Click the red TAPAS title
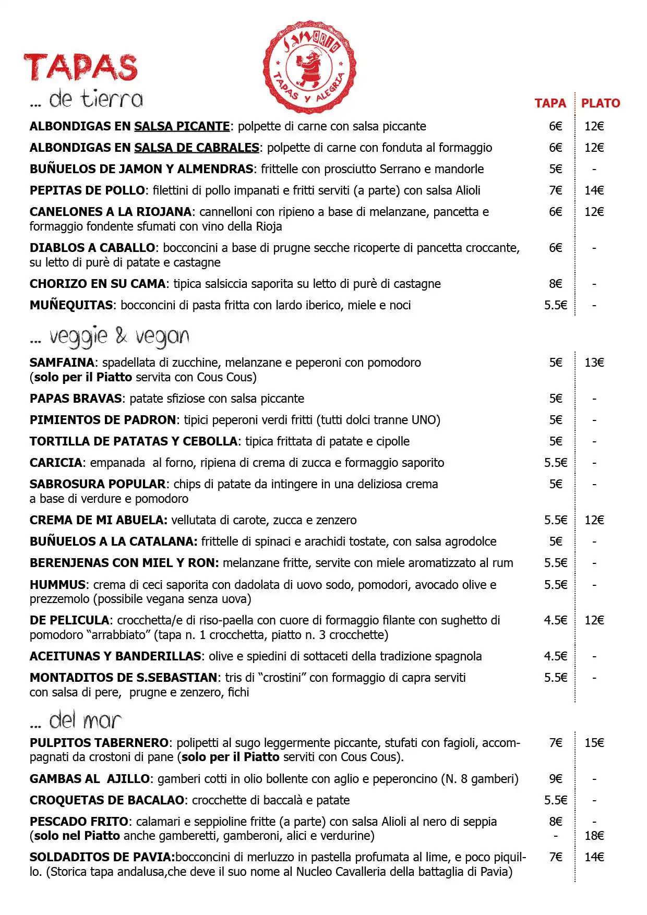pos(81,68)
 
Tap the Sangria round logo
pos(309,67)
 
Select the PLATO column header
pos(601,103)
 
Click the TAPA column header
pos(550,103)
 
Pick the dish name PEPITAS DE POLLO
pos(87,190)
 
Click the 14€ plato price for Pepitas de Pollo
pos(594,190)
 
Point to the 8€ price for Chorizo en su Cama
pos(555,284)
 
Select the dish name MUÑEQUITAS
pos(71,305)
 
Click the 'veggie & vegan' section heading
pos(119,337)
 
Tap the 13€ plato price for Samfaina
pos(594,363)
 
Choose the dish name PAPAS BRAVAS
pos(76,399)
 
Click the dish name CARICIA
pos(56,463)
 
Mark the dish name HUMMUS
pos(57,585)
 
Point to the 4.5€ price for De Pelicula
pos(555,620)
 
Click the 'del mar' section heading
pos(85,721)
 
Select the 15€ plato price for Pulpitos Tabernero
pos(594,743)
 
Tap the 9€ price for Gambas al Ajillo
pos(555,779)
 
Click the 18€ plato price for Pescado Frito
pos(594,836)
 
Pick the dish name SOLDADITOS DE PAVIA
pos(102,857)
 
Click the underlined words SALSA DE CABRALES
pos(197,148)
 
